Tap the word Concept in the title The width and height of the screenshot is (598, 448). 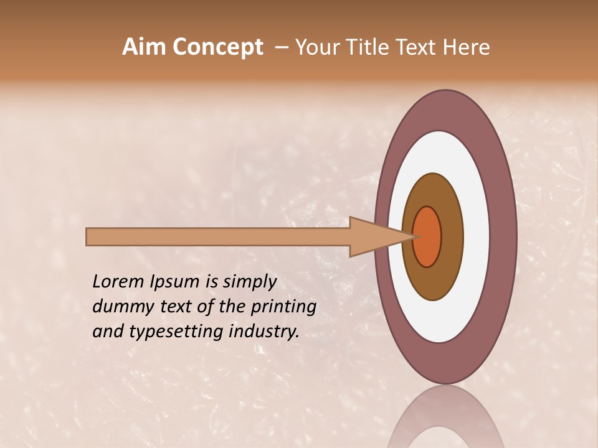coord(218,47)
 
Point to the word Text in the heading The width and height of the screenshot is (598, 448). coord(417,47)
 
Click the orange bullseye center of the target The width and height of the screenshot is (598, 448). coord(427,236)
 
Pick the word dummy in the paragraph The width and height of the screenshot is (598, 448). coord(119,307)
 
